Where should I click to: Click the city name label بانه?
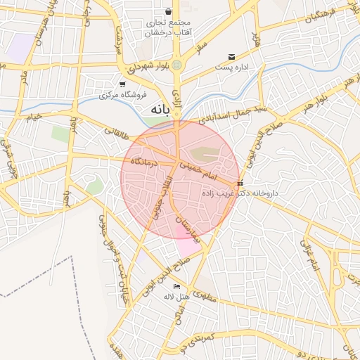point(160,110)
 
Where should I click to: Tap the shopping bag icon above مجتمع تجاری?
point(169,12)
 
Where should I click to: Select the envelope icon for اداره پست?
point(231,57)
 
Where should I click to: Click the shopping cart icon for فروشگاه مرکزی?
point(122,84)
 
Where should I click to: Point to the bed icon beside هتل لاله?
point(176,286)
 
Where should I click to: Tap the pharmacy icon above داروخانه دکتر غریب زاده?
point(240,183)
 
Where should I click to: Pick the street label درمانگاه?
point(146,162)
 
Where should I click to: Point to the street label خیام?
point(33,116)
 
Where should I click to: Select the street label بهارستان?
point(186,226)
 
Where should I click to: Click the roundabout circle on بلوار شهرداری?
point(177,65)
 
